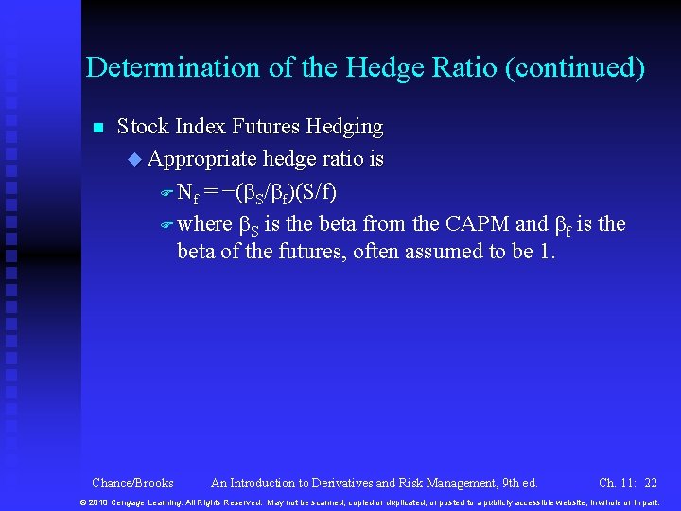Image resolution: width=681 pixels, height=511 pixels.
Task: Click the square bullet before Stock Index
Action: [x=96, y=128]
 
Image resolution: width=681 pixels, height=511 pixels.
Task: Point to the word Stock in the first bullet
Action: [x=142, y=127]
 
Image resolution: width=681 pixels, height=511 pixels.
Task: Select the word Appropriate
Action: [x=202, y=159]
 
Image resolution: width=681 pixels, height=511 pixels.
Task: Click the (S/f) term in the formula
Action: [x=316, y=192]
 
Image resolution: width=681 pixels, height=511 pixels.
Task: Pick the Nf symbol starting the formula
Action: [x=187, y=193]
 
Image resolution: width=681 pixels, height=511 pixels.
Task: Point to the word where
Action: [x=204, y=224]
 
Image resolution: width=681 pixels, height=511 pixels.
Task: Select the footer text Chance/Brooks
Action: [x=132, y=483]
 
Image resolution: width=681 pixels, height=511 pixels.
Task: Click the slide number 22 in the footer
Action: [x=650, y=483]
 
